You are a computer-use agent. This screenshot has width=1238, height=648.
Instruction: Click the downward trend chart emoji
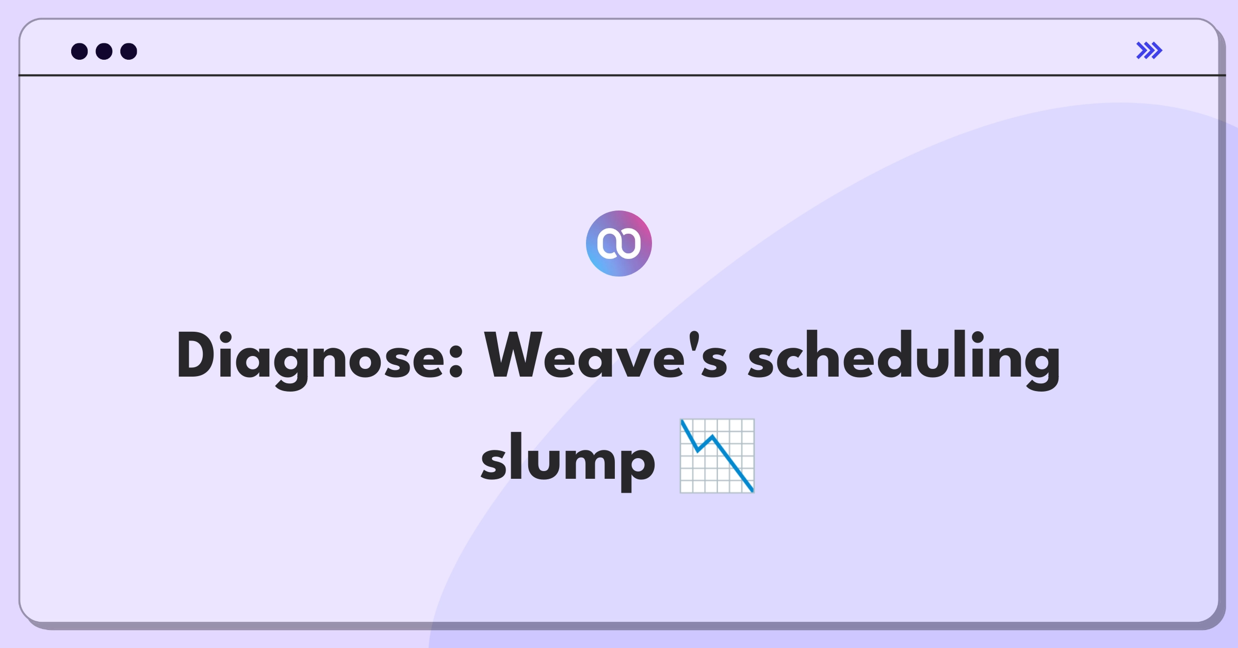(x=717, y=456)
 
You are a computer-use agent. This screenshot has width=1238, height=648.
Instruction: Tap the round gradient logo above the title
(x=619, y=244)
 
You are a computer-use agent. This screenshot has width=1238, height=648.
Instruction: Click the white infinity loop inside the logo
(x=619, y=243)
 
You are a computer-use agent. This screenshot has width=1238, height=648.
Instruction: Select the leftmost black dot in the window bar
(x=79, y=51)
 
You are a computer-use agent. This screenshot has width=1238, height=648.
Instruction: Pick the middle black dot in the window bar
(x=104, y=51)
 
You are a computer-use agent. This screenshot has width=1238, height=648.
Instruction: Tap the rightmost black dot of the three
(x=129, y=51)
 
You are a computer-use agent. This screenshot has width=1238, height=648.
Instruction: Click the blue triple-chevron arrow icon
(x=1149, y=51)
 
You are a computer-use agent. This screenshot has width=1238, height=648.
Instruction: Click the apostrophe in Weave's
(x=694, y=341)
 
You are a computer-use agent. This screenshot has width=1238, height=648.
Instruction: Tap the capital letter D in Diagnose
(x=196, y=355)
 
